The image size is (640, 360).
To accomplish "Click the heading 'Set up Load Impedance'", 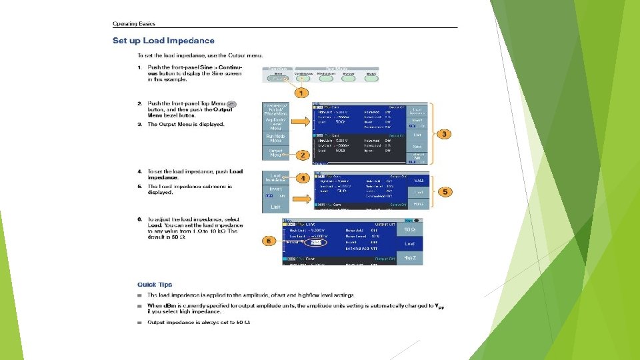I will click(x=163, y=41).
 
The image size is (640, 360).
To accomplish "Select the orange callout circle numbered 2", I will click(x=302, y=155).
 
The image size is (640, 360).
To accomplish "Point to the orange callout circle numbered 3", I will click(x=443, y=134).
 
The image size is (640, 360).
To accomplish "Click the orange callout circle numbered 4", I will click(x=302, y=178).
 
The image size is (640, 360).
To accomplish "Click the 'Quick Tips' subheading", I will click(x=155, y=285).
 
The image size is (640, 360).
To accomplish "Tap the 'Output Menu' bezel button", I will click(x=275, y=153).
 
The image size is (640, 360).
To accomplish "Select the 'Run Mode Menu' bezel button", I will click(x=275, y=138).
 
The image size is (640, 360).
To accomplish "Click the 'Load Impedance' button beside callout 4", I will click(x=275, y=178).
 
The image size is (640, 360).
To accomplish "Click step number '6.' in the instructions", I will click(x=139, y=219).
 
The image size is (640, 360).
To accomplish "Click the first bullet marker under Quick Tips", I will click(x=140, y=295).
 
